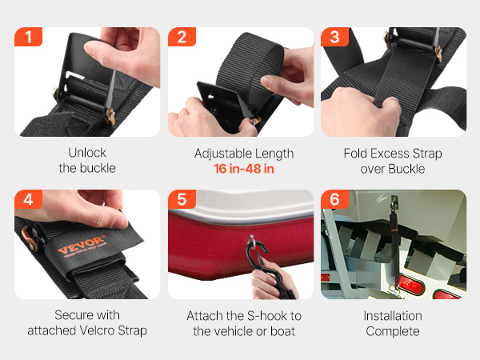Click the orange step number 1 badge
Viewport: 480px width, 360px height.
click(28, 37)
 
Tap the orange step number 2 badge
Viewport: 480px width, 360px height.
click(182, 37)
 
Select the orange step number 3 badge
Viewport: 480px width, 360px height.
click(334, 37)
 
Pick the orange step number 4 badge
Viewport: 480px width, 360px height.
click(28, 199)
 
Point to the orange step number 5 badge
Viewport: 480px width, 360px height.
click(182, 199)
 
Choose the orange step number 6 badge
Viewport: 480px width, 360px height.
click(334, 199)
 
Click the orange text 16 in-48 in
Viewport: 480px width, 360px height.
click(244, 169)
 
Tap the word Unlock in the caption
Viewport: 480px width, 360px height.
click(87, 153)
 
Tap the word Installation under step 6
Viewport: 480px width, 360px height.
click(393, 316)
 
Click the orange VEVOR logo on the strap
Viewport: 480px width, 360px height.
click(82, 245)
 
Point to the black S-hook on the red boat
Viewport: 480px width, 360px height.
click(260, 257)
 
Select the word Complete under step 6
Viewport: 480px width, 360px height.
click(393, 331)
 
